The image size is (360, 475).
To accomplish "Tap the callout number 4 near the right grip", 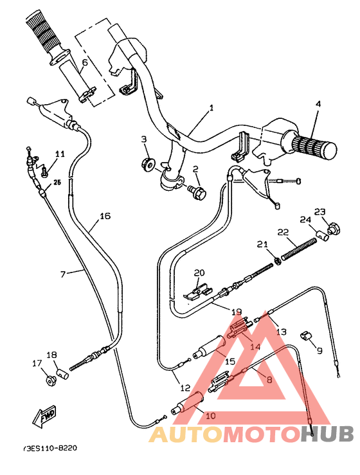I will [x=317, y=103].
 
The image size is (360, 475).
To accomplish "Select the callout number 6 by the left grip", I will [x=84, y=63].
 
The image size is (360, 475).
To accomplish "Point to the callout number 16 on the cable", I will [x=105, y=215].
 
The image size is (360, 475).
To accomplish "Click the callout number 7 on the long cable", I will [x=63, y=274].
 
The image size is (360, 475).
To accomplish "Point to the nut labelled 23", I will [x=333, y=227].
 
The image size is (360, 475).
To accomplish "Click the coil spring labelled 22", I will [x=298, y=248].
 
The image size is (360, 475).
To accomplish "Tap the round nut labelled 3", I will [x=147, y=165].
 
